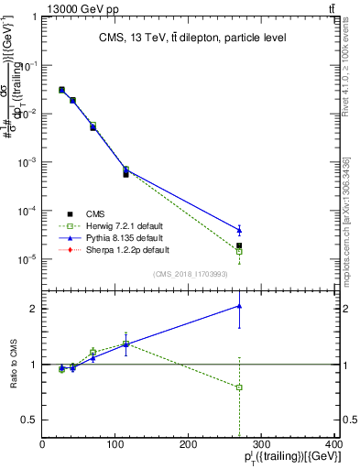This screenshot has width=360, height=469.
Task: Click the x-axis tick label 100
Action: (115, 445)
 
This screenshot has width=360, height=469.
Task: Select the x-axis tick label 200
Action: (189, 445)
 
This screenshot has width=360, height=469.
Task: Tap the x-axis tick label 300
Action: (262, 445)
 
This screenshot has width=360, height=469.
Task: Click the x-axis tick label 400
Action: (333, 445)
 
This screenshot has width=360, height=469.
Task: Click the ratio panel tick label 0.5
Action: (29, 420)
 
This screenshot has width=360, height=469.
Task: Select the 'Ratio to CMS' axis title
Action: (12, 364)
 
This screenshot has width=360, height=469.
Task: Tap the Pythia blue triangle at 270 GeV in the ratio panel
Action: (239, 306)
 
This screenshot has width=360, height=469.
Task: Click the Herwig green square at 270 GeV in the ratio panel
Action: (239, 387)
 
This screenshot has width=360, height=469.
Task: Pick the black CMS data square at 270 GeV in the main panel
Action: (239, 245)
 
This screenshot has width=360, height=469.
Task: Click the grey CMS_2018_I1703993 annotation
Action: (191, 273)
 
